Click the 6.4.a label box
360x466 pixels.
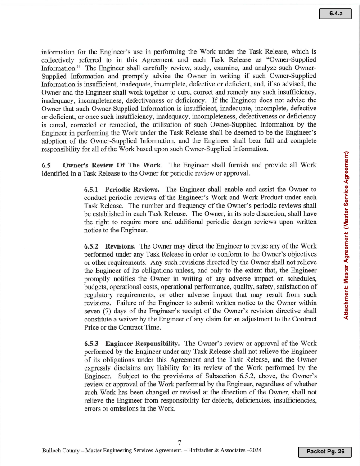[335, 14]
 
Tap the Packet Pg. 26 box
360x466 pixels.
[324, 451]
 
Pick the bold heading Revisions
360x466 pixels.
[121, 246]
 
